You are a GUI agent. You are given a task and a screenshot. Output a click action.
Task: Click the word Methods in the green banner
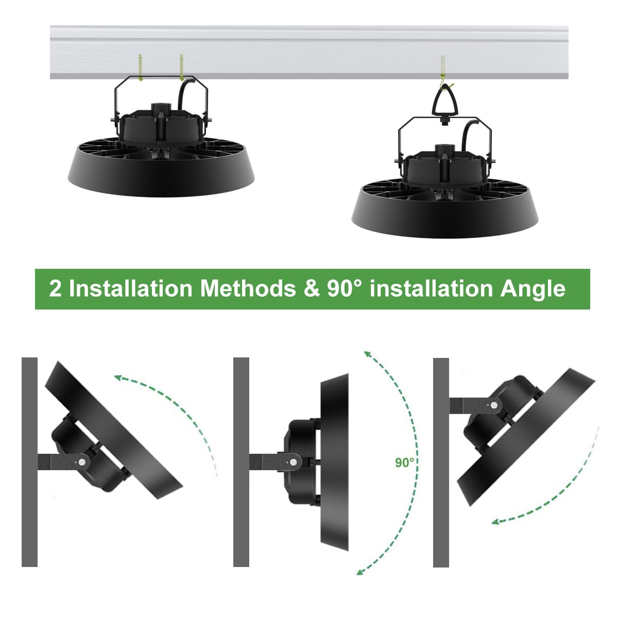click(x=248, y=288)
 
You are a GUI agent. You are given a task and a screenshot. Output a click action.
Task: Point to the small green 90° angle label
click(x=404, y=462)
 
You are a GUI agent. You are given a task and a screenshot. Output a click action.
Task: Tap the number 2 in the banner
click(x=55, y=288)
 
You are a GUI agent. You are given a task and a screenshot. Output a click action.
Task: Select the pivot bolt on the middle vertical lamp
click(x=293, y=462)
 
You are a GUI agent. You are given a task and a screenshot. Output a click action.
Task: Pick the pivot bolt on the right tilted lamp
click(x=494, y=405)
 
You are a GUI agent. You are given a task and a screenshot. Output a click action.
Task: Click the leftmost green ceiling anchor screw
click(x=140, y=67)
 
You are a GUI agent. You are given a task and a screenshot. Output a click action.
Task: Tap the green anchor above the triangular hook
click(x=443, y=69)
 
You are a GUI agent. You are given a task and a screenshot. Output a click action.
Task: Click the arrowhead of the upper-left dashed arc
click(x=119, y=378)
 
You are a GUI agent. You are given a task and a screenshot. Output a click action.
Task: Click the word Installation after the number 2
click(x=130, y=288)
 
